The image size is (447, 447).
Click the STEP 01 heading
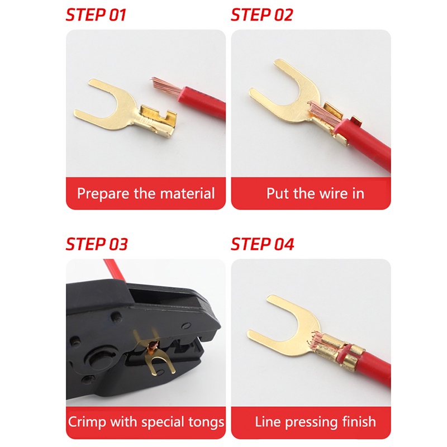(96, 15)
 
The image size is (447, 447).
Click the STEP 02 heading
(261, 15)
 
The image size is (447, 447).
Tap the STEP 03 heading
(97, 244)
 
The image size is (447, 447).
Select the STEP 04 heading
(262, 244)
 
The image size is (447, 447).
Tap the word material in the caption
(187, 194)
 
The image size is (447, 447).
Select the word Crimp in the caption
(86, 422)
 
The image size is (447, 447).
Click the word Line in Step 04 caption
(267, 422)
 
